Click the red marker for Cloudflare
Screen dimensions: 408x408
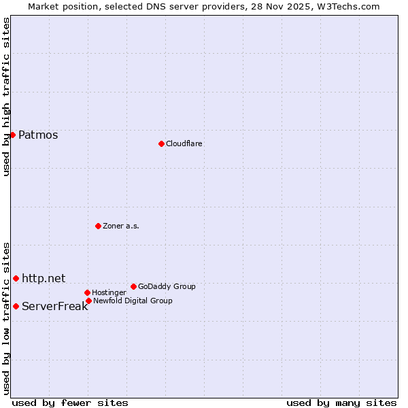point(161,143)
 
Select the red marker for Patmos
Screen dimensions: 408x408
point(12,135)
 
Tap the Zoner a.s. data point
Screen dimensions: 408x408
point(98,226)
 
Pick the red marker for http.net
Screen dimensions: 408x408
point(16,278)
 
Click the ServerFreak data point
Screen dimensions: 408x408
point(16,306)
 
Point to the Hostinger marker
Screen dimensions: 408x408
point(87,292)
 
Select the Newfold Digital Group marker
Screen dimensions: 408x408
point(88,301)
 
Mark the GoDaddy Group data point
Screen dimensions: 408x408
point(133,286)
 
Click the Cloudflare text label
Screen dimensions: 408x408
point(184,143)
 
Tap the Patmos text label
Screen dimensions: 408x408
point(38,135)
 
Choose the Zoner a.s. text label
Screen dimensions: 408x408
point(121,226)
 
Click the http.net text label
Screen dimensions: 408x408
point(44,278)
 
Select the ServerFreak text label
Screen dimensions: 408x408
point(54,306)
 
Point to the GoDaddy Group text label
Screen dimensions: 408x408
point(167,286)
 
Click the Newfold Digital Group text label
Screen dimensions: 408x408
point(133,301)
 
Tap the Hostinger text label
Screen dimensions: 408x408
point(109,292)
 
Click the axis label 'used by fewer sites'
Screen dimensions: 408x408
point(70,403)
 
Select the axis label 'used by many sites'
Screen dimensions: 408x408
point(341,403)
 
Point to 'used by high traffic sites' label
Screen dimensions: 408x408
point(6,97)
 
